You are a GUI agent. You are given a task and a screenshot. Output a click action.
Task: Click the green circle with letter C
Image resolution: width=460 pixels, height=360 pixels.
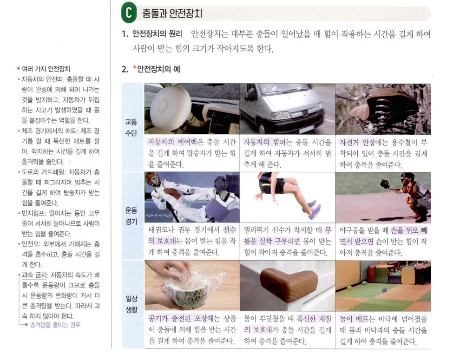(129, 13)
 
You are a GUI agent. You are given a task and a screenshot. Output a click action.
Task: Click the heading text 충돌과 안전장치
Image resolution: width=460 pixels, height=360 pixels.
(172, 13)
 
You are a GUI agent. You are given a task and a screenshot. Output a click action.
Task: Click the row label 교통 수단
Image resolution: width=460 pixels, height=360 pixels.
(131, 128)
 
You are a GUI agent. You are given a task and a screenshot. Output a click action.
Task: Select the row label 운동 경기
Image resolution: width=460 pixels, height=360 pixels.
(131, 216)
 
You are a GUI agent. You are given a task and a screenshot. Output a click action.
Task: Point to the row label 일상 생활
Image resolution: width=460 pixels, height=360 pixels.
(131, 304)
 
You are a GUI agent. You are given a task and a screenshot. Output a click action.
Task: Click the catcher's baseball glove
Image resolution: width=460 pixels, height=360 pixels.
(385, 184)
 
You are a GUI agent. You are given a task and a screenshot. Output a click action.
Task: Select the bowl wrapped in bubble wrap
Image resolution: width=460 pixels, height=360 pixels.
(187, 290)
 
